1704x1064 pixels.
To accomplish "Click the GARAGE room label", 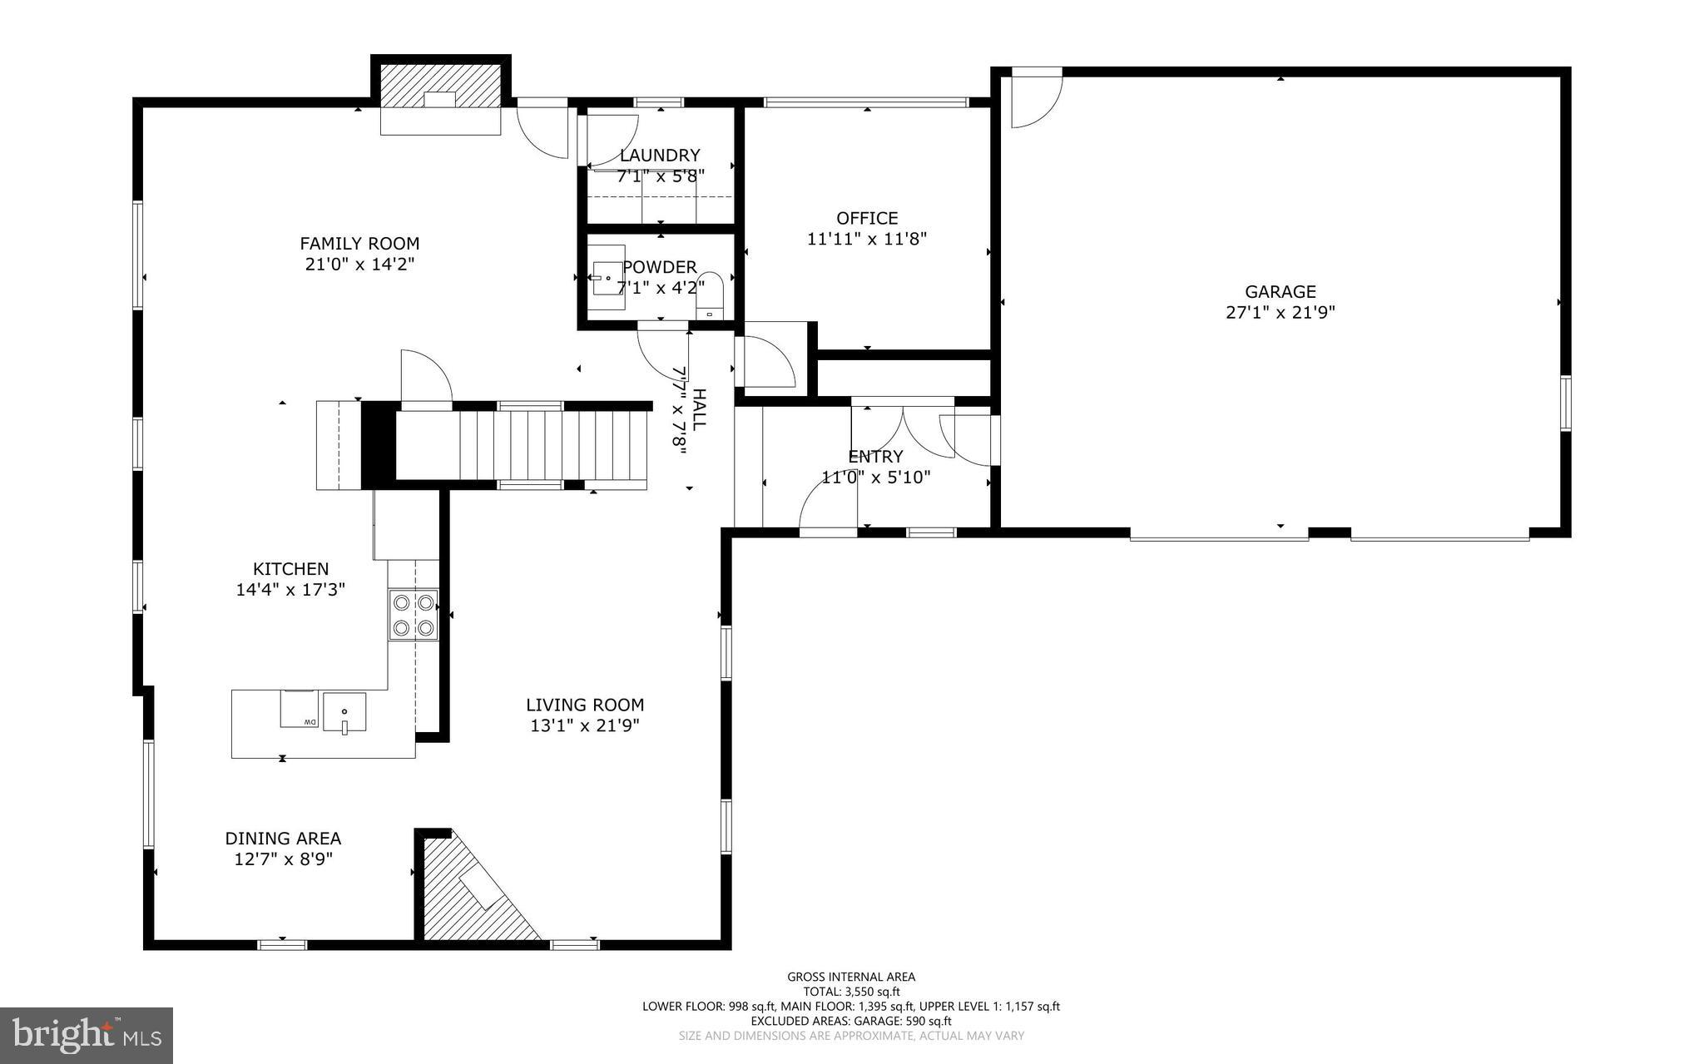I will [1280, 292].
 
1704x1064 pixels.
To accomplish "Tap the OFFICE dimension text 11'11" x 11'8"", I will [867, 240].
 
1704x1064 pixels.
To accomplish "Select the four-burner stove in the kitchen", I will [414, 615].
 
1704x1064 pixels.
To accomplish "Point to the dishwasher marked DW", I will [298, 710].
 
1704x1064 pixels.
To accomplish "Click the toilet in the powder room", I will [710, 294].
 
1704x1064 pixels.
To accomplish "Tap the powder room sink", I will [607, 278].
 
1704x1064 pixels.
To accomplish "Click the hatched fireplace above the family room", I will [441, 86].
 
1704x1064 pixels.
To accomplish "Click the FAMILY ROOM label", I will [359, 244].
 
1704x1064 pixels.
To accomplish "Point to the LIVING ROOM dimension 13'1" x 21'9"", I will [584, 726].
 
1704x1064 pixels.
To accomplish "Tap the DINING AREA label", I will [283, 839].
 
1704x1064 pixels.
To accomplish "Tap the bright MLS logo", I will [87, 1035].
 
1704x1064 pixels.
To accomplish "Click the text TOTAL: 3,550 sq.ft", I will [850, 992].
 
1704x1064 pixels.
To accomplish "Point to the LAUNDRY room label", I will [660, 156].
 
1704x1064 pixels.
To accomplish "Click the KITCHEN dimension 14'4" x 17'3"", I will [290, 590].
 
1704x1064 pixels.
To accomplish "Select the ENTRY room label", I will [874, 457].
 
